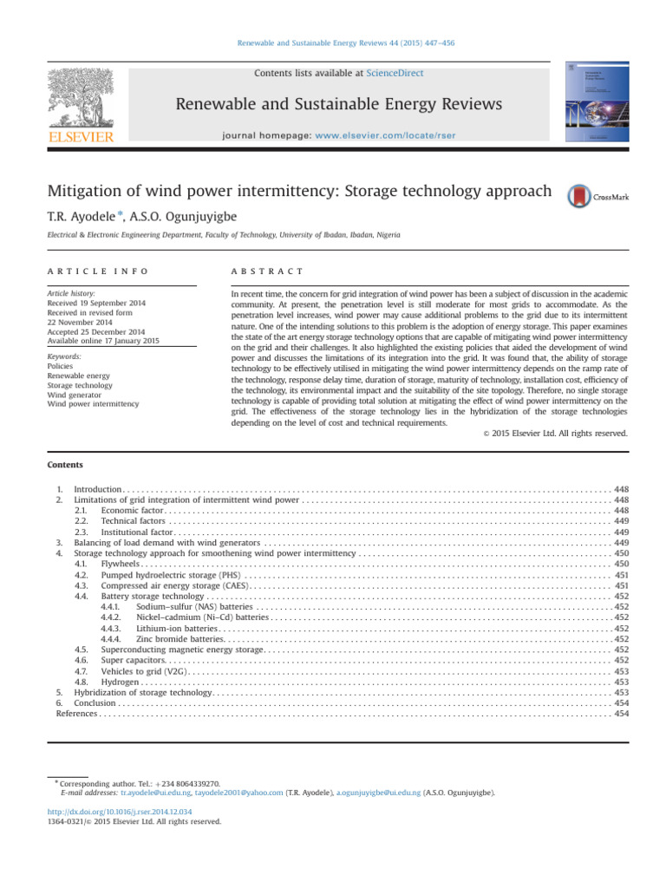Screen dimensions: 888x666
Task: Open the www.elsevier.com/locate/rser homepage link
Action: coord(407,136)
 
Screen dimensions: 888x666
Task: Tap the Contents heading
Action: coord(64,465)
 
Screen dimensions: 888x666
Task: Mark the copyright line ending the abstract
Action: coord(554,434)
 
